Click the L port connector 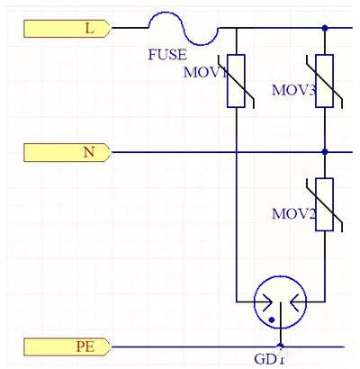pos(67,29)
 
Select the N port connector pos(67,152)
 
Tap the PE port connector pos(67,346)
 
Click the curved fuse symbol pos(184,29)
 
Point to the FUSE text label pos(167,55)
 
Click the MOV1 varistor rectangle pos(236,81)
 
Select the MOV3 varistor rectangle pos(324,81)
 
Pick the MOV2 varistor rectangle pos(324,204)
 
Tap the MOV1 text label pos(205,72)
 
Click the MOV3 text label pos(293,90)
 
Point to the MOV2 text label pos(293,213)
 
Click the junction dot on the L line pos(324,28)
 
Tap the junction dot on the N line pos(324,152)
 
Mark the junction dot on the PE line pos(281,346)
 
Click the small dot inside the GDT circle pos(272,320)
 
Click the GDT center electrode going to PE pos(281,324)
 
